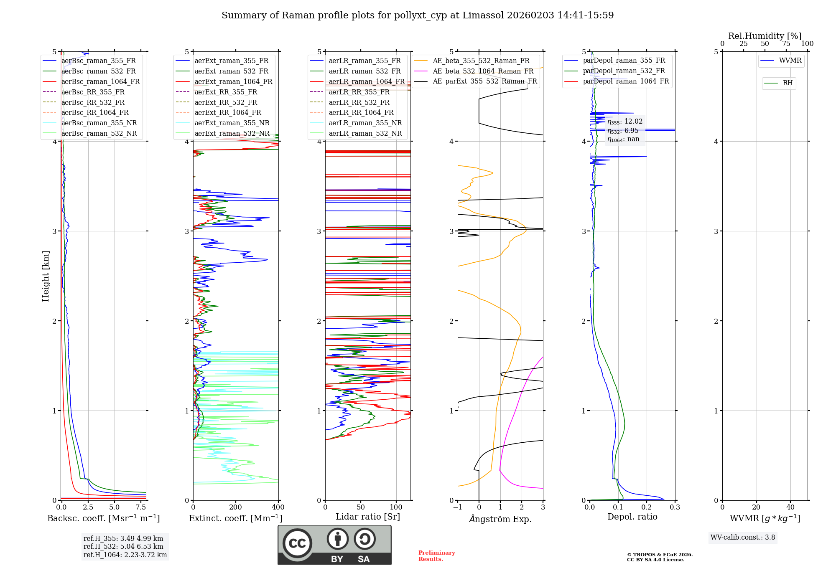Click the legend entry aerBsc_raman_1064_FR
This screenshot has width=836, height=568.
click(100, 82)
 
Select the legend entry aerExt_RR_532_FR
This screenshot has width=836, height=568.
click(226, 102)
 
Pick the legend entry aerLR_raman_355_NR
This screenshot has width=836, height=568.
click(365, 123)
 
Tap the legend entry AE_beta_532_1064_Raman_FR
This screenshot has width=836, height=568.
click(483, 71)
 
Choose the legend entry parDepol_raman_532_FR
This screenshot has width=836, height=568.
click(624, 71)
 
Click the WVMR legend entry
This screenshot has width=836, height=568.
click(790, 61)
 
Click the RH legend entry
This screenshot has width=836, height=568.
click(788, 83)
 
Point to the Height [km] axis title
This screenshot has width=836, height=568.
click(46, 276)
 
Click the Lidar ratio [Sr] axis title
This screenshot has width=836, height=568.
click(368, 517)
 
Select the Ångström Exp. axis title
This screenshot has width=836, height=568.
click(500, 519)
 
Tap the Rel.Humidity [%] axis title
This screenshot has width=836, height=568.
click(765, 36)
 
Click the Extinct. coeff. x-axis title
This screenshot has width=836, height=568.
click(236, 518)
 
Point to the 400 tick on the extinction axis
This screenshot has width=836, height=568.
click(278, 507)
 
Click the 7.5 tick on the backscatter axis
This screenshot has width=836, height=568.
click(141, 507)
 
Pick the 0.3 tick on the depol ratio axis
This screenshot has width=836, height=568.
click(675, 507)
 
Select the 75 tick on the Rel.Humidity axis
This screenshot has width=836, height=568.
click(786, 44)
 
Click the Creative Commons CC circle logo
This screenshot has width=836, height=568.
click(297, 543)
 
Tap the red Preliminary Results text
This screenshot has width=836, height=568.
click(436, 556)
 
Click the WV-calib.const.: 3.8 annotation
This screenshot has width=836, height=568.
click(742, 538)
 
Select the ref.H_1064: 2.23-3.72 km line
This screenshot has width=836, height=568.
click(125, 555)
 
